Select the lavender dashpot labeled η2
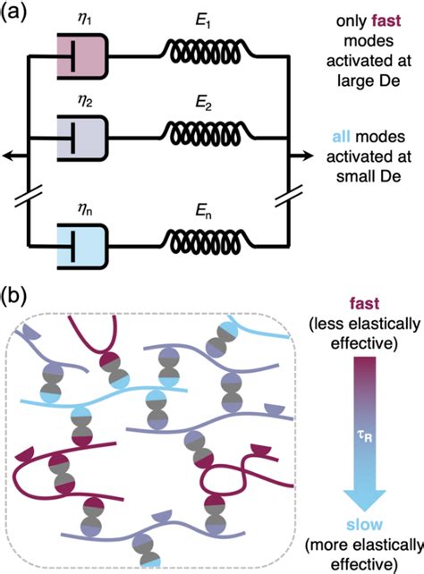82,137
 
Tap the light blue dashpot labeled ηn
82,241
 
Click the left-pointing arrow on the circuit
9,156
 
